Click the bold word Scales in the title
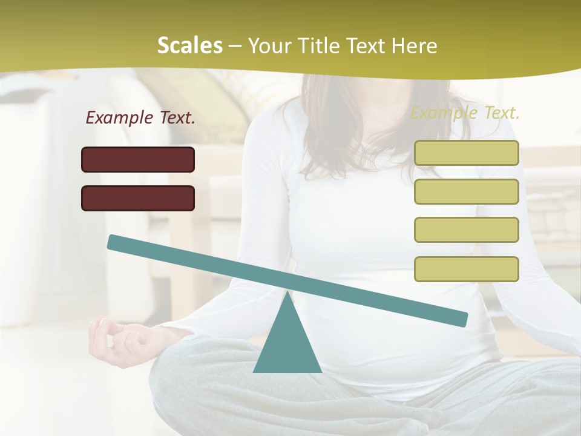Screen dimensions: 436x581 click(189, 46)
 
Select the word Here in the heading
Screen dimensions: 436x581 click(414, 46)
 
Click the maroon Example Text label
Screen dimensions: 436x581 click(140, 118)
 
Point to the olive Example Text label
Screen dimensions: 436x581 click(465, 113)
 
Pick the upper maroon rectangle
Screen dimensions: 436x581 click(138, 159)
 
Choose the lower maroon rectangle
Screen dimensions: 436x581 click(138, 198)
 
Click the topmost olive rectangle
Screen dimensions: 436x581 click(467, 153)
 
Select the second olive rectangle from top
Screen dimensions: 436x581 click(467, 191)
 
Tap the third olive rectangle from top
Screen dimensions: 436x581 click(467, 230)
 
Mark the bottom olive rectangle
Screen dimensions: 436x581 click(467, 269)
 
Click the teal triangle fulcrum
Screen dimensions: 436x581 click(287, 342)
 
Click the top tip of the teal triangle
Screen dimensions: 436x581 click(287, 294)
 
